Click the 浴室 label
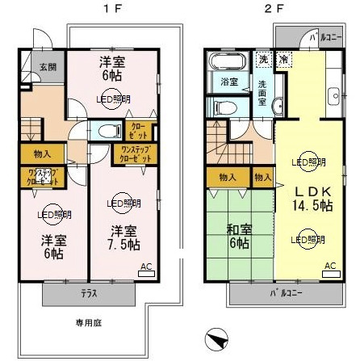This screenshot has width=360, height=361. coord(228,82)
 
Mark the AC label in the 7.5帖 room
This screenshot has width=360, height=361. coord(146,266)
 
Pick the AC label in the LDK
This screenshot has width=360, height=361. coord(330,266)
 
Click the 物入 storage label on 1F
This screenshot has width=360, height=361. coord(42,153)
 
